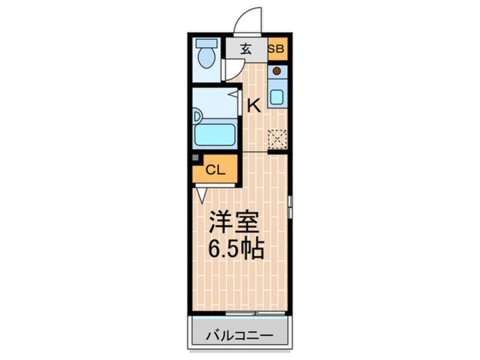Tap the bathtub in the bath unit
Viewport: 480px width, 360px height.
coord(214,135)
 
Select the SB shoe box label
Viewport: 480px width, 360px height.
coord(276,49)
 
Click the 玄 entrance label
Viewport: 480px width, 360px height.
coord(246,49)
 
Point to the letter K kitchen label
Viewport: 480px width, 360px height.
coord(254,106)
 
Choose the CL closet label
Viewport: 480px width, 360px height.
coord(216,170)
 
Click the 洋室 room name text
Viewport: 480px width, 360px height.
coord(234,222)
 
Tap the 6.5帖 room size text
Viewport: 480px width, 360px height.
coord(235,249)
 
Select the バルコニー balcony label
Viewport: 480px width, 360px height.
coord(239,336)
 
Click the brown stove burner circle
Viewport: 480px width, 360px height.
coord(277,71)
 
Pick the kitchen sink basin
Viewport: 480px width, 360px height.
coord(277,97)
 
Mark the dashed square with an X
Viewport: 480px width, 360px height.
coord(277,139)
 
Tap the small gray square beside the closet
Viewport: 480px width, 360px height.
coord(195,158)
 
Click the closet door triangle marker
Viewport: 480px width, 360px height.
coord(201,195)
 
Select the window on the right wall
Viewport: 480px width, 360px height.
coord(290,207)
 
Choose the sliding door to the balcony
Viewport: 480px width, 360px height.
coord(255,313)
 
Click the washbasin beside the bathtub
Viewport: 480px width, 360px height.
coord(198,116)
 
